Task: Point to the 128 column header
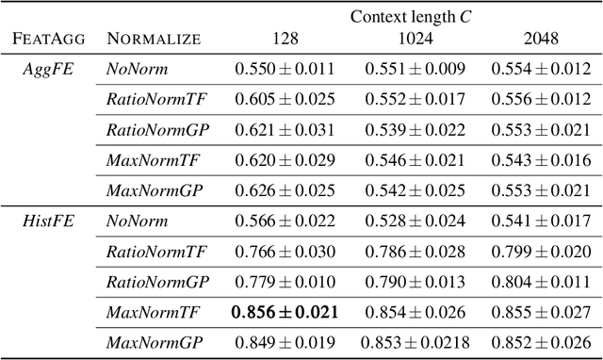pyautogui.click(x=284, y=40)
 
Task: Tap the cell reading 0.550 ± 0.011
pyautogui.click(x=284, y=69)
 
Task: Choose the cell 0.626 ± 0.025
pyautogui.click(x=284, y=190)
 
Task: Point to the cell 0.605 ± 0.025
pyautogui.click(x=284, y=99)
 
